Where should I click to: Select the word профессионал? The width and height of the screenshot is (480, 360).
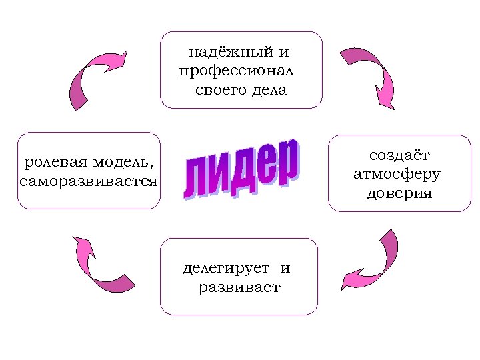click(x=237, y=71)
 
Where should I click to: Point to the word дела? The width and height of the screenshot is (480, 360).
click(x=270, y=89)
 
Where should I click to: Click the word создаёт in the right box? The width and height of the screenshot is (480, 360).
click(x=399, y=155)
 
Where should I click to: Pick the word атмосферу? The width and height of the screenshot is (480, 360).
click(x=397, y=175)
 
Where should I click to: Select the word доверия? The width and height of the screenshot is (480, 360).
click(x=399, y=194)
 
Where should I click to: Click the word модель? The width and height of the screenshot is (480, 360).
click(x=126, y=163)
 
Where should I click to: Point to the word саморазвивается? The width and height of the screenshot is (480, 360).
click(x=89, y=181)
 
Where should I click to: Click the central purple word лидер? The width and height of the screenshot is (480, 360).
click(x=241, y=169)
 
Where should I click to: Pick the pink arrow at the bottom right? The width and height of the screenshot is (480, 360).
click(x=373, y=263)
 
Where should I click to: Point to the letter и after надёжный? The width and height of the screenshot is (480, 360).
click(x=284, y=52)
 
